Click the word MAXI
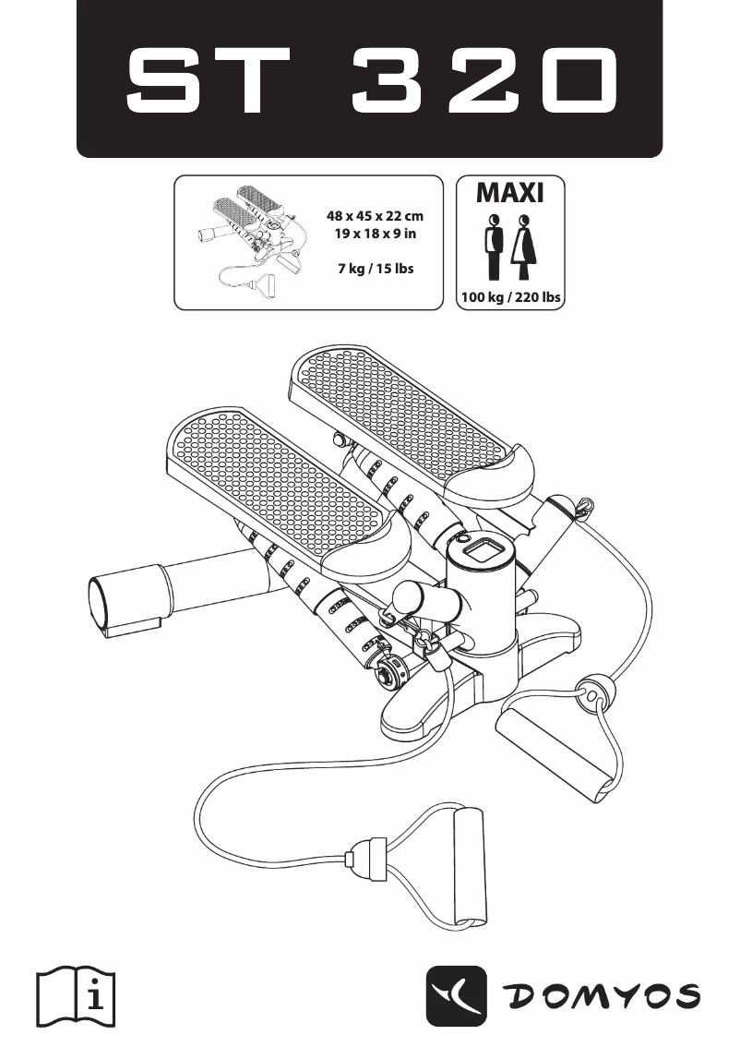[510, 193]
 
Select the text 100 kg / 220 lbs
[510, 297]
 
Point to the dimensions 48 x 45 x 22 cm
[375, 216]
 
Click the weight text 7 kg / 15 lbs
[375, 269]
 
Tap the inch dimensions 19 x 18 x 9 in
[375, 234]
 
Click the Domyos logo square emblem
[456, 996]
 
